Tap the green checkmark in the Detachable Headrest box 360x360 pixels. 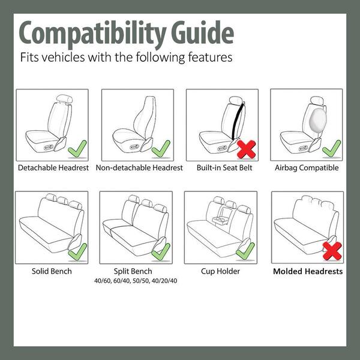coord(76,148)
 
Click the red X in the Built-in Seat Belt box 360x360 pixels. coord(246,148)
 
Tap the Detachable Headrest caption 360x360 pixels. coord(54,168)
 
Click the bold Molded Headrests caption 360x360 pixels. coord(308,271)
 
